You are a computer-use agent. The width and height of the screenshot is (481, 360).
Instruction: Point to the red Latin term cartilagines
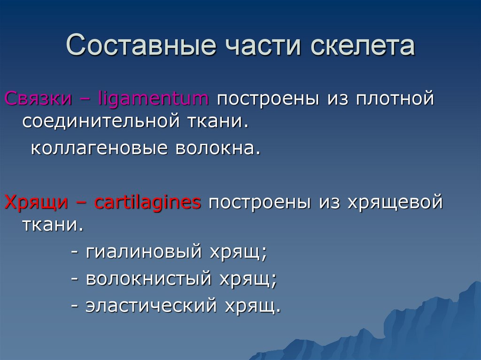[x=147, y=203]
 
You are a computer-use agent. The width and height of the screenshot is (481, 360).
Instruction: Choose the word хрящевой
[x=395, y=203]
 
